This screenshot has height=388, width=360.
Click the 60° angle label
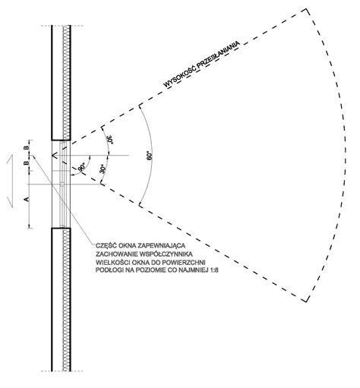tap(150, 156)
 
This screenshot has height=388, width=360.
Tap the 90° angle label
tap(82, 168)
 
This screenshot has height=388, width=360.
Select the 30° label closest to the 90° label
tap(103, 169)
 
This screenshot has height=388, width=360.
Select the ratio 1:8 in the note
tap(214, 270)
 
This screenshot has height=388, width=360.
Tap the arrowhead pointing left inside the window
tap(54, 156)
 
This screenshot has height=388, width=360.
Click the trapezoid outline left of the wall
tap(10, 181)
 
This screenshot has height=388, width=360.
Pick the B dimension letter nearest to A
tap(27, 163)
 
